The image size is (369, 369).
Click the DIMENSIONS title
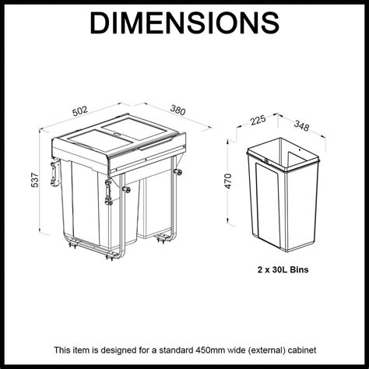184,23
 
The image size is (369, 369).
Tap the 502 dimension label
80,111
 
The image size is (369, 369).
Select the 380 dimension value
178,110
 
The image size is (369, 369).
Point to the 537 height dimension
35,180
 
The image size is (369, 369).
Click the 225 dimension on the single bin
258,120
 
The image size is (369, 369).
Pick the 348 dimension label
301,126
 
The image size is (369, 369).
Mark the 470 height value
228,181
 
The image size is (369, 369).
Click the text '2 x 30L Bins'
283,269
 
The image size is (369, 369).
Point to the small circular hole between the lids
116,135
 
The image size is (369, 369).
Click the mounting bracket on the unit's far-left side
54,173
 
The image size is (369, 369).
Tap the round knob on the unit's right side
178,172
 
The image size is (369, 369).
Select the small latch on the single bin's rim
265,160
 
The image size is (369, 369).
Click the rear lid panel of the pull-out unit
133,128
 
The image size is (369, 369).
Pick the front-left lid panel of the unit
100,142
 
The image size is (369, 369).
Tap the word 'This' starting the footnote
61,350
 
